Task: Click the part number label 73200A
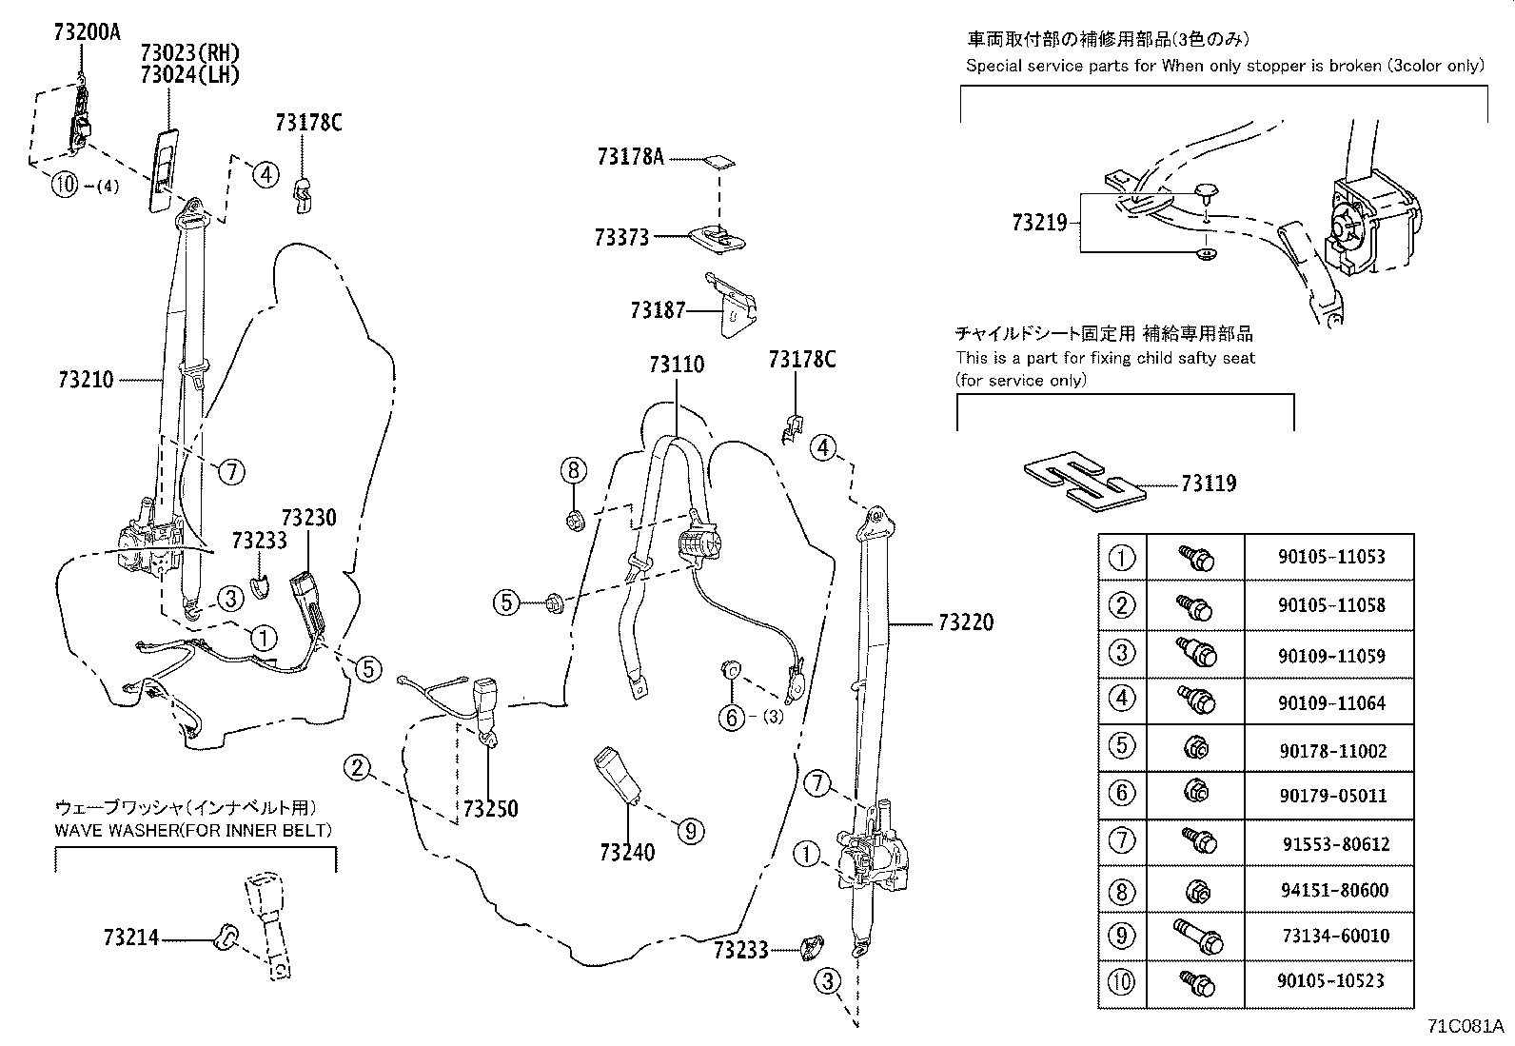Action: pyautogui.click(x=88, y=30)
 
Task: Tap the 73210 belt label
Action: pyautogui.click(x=86, y=380)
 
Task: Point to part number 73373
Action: pyautogui.click(x=621, y=237)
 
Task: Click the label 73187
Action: pyautogui.click(x=658, y=309)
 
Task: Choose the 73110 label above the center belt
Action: pyautogui.click(x=677, y=364)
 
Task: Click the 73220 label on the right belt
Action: pyautogui.click(x=965, y=622)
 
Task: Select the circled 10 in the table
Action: pyautogui.click(x=1123, y=980)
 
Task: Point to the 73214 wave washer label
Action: pyautogui.click(x=130, y=938)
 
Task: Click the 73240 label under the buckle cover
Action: pyautogui.click(x=627, y=852)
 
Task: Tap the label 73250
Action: pyautogui.click(x=490, y=809)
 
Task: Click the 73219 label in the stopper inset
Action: pyautogui.click(x=1040, y=223)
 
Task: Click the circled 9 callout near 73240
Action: pyautogui.click(x=690, y=831)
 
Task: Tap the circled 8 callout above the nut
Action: pyautogui.click(x=573, y=469)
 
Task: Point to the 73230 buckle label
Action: pyautogui.click(x=309, y=518)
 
